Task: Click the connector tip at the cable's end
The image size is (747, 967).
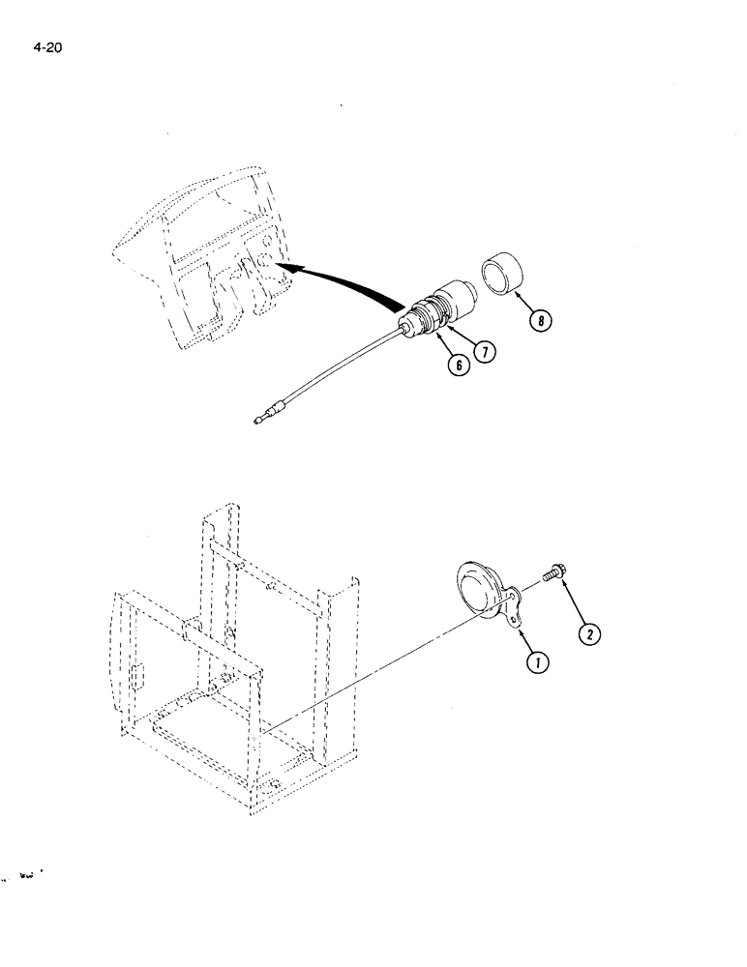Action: [x=259, y=421]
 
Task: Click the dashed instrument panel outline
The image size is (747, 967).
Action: [x=203, y=261]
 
